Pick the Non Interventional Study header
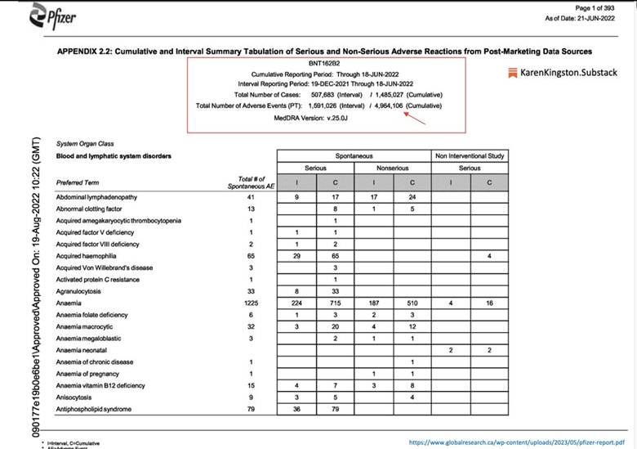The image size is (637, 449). coord(470,155)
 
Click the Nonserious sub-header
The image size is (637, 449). coord(391,168)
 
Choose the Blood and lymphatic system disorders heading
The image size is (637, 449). coord(114,155)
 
